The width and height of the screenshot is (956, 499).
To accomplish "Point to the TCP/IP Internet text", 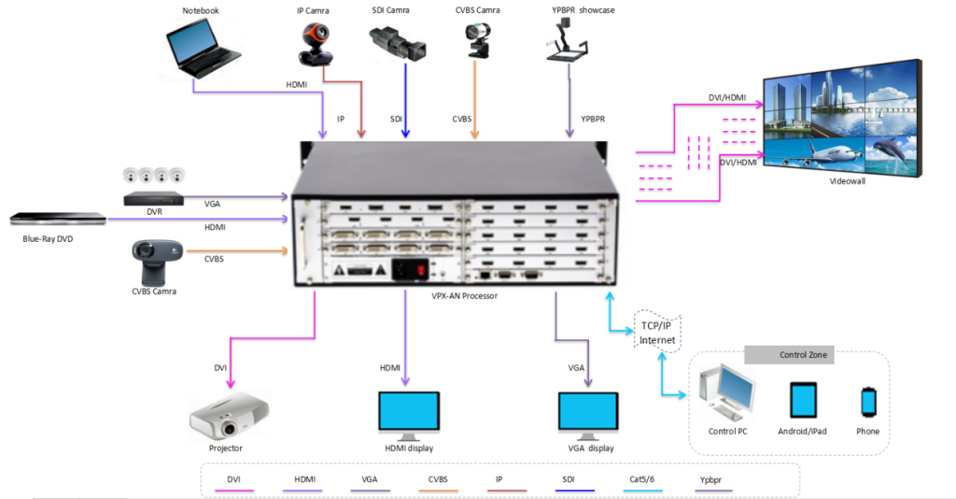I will [656, 334].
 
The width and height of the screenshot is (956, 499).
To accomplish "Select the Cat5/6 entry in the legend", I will [642, 479].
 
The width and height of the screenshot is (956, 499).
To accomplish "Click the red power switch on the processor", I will [422, 270].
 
